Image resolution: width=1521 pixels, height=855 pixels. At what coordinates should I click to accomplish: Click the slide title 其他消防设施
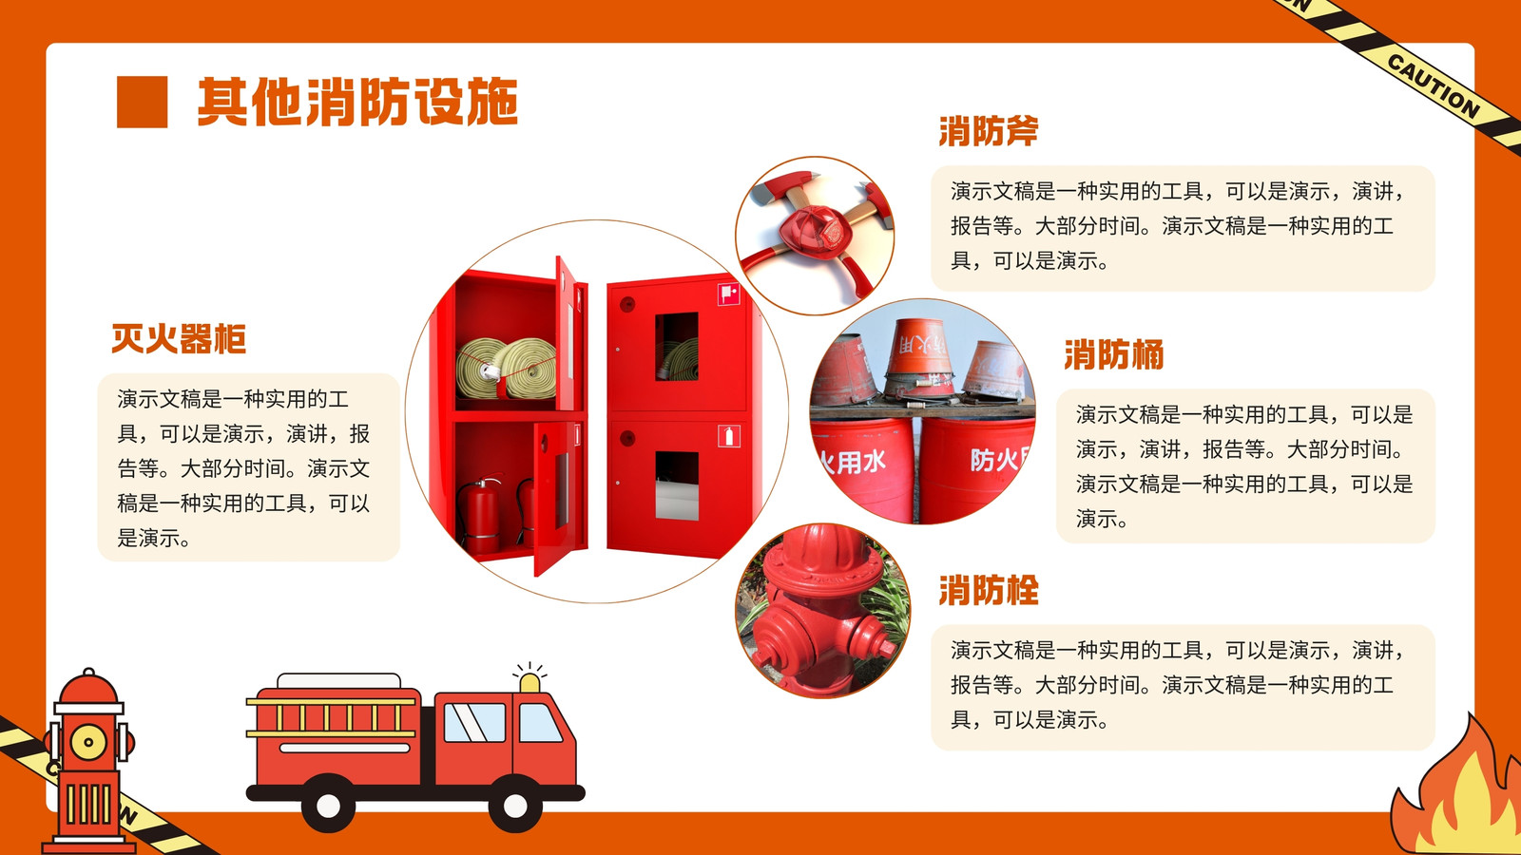click(x=357, y=102)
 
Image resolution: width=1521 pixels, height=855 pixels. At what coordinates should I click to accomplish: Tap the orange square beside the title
click(x=142, y=102)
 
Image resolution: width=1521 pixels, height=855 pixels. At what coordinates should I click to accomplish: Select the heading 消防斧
click(x=989, y=131)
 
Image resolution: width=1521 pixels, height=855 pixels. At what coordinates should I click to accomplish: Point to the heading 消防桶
click(x=1113, y=355)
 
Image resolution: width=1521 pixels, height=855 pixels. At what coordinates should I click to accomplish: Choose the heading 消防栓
click(x=989, y=590)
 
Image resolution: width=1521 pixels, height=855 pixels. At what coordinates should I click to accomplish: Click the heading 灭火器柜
click(x=179, y=338)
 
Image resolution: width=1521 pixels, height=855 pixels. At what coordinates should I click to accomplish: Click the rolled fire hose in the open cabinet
click(x=507, y=368)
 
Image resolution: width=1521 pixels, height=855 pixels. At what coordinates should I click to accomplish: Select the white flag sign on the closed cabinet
click(x=728, y=294)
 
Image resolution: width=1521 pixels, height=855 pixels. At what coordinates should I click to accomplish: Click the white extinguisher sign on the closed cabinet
click(x=728, y=436)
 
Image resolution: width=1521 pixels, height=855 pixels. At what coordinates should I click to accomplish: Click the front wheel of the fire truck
click(x=514, y=805)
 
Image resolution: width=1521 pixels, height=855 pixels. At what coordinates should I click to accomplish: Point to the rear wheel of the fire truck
click(x=329, y=805)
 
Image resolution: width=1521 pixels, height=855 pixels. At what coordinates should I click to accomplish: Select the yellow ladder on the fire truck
click(x=332, y=718)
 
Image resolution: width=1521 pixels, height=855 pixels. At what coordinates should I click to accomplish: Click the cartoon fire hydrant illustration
click(x=88, y=760)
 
